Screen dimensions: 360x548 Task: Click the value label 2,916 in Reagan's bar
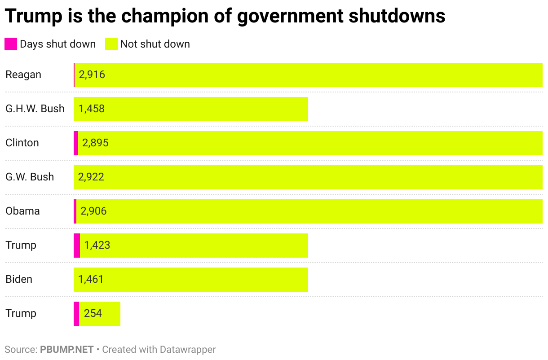(92, 75)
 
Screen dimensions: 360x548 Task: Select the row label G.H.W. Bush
(35, 109)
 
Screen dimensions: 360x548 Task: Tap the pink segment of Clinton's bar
(76, 143)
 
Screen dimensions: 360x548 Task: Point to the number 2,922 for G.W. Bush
(91, 177)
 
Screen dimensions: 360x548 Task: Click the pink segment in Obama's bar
(75, 211)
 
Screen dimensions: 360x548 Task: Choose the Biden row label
(19, 279)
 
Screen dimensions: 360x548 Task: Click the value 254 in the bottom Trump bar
(93, 313)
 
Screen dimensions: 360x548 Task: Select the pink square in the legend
(10, 44)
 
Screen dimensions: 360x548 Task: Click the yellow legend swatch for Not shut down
(111, 44)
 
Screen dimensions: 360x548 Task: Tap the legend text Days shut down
(57, 44)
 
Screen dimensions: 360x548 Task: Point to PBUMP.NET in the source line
(66, 350)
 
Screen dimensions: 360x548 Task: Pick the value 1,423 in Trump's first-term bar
(97, 245)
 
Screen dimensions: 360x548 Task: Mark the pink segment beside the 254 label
(76, 314)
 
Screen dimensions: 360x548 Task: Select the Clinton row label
(22, 143)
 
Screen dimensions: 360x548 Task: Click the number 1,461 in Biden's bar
(91, 279)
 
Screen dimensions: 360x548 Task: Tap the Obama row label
(22, 211)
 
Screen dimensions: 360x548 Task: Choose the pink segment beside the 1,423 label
(77, 246)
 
